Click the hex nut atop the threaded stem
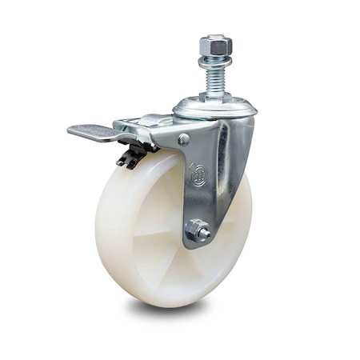tap(216, 46)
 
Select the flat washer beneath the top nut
tap(216, 62)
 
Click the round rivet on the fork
tap(184, 140)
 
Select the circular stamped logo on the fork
tap(198, 173)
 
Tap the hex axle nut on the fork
tap(197, 231)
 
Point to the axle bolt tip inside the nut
tap(202, 233)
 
